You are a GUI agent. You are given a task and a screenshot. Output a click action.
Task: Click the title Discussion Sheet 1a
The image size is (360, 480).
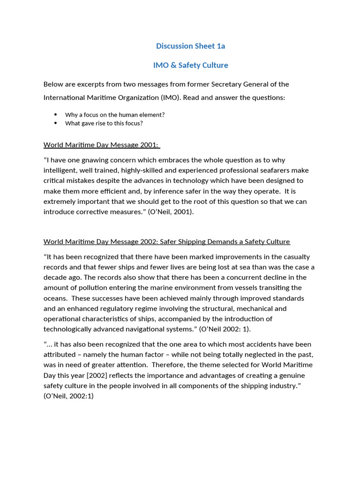pos(190,46)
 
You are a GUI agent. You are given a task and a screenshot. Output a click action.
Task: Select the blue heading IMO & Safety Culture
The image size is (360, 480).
pos(190,65)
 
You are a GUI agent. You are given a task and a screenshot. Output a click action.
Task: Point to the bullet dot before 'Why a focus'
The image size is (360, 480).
pos(55,114)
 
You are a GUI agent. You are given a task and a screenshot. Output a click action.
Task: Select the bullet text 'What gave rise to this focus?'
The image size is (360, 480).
pos(104,123)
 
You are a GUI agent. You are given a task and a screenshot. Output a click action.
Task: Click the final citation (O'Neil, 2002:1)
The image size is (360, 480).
pos(68,396)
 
